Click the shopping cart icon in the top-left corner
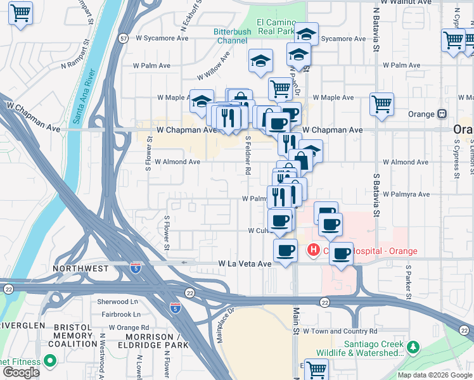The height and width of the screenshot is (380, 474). pyautogui.click(x=20, y=12)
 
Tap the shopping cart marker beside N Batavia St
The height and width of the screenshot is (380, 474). pyautogui.click(x=381, y=104)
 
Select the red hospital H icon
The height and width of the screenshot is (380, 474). pyautogui.click(x=313, y=251)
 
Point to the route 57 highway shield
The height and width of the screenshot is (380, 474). pyautogui.click(x=123, y=39)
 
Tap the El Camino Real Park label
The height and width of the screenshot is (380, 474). pyautogui.click(x=276, y=26)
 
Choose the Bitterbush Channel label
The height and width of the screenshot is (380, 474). pyautogui.click(x=232, y=36)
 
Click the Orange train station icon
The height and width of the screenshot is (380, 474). pyautogui.click(x=442, y=114)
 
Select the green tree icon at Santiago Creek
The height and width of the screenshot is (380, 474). pyautogui.click(x=413, y=346)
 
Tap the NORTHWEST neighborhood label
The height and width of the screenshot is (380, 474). pyautogui.click(x=80, y=269)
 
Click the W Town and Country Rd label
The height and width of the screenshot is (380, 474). pyautogui.click(x=340, y=331)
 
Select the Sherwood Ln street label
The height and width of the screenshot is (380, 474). pyautogui.click(x=117, y=302)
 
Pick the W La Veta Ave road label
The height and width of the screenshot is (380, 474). pyautogui.click(x=245, y=263)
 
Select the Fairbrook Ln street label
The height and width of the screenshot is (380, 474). pyautogui.click(x=118, y=314)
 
